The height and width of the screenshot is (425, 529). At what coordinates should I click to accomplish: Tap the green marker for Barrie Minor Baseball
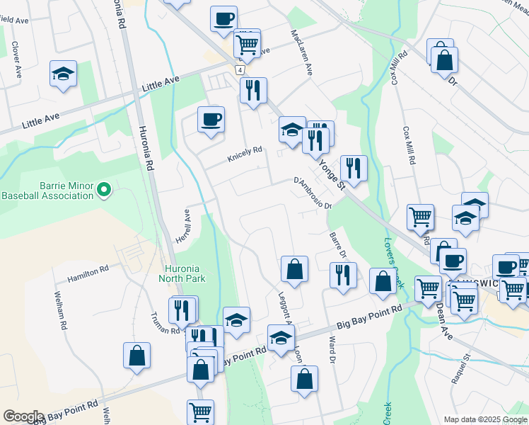click(x=104, y=189)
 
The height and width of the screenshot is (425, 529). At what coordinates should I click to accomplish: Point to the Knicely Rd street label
click(x=245, y=154)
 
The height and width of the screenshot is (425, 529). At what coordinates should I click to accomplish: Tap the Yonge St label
click(x=331, y=174)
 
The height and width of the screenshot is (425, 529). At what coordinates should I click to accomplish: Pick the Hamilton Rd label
click(x=88, y=274)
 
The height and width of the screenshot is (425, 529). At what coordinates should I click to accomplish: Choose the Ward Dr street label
click(x=331, y=350)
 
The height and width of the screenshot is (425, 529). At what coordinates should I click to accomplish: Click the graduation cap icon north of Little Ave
click(x=63, y=73)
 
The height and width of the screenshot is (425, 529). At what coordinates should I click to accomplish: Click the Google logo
click(x=23, y=416)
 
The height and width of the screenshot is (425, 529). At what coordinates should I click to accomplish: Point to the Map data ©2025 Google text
click(x=484, y=419)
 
